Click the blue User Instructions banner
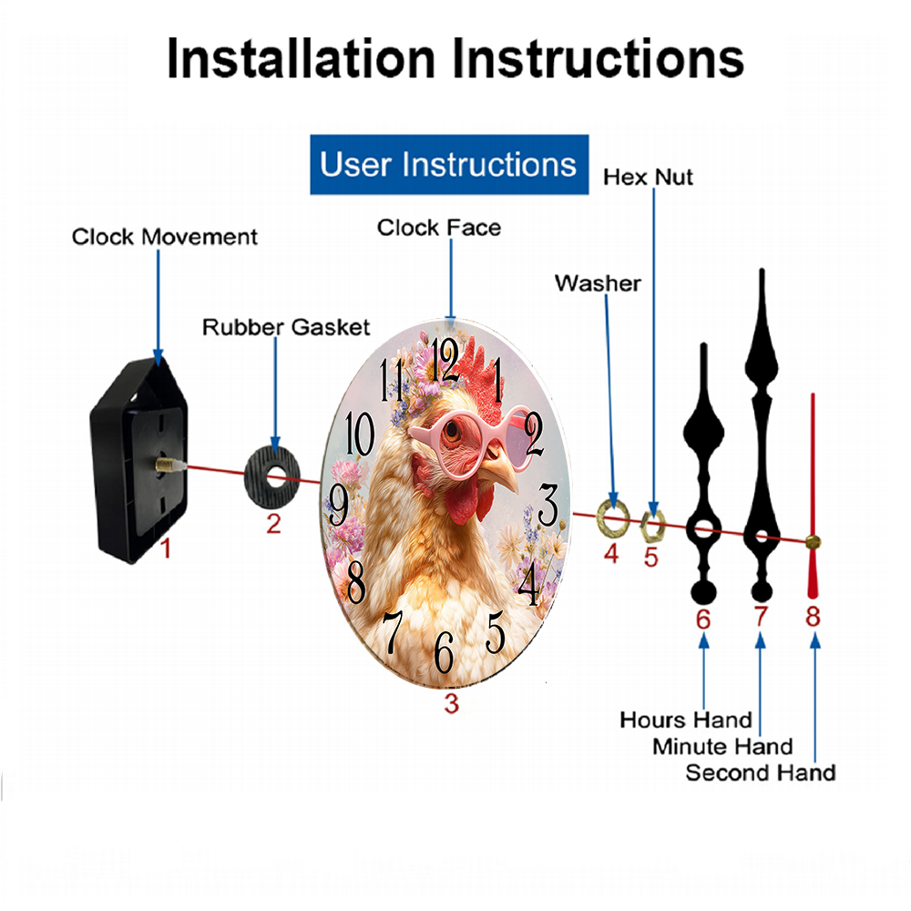click(448, 165)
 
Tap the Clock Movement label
click(165, 237)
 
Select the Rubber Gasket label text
click(286, 326)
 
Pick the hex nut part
click(652, 522)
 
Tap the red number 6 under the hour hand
click(703, 619)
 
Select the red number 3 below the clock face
click(451, 702)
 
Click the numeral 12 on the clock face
click(446, 361)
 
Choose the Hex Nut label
click(648, 177)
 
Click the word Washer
click(598, 283)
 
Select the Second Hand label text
click(760, 773)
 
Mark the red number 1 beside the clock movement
click(165, 548)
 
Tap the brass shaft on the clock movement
click(167, 465)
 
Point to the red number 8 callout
click(813, 617)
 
